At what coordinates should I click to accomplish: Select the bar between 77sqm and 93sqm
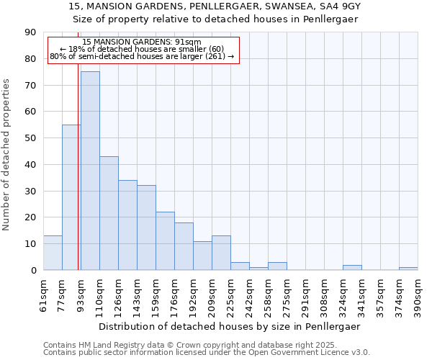coord(71,197)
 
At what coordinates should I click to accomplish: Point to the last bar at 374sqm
coord(408,269)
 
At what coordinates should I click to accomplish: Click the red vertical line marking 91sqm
coord(78,180)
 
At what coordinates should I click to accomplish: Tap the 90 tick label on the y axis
coord(30,32)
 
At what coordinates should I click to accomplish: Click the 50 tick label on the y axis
coord(30,138)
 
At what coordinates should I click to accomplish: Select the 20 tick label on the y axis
coord(30,217)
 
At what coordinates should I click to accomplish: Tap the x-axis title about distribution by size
coord(230,326)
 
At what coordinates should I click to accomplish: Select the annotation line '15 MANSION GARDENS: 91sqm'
coord(142,42)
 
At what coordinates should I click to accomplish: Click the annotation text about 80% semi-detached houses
coord(142,56)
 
